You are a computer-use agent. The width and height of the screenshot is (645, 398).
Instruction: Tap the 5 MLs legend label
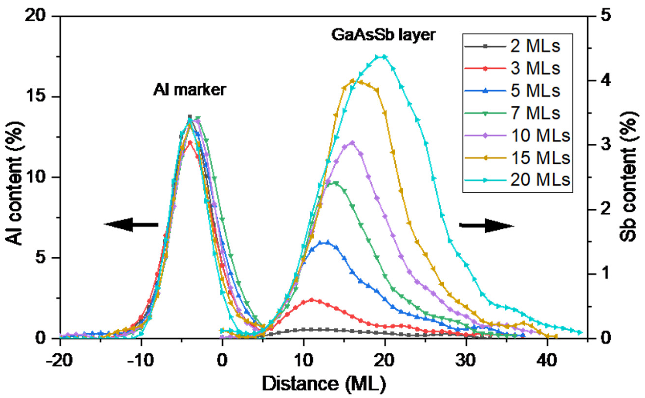tap(535, 91)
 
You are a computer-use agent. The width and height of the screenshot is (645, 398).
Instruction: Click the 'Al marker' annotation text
tap(190, 90)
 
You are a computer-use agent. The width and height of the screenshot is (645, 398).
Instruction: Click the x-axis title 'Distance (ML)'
tap(324, 384)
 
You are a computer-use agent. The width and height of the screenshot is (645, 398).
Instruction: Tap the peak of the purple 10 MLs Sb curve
tap(352, 143)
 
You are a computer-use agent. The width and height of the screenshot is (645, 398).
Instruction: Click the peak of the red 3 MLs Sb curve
tap(312, 300)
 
